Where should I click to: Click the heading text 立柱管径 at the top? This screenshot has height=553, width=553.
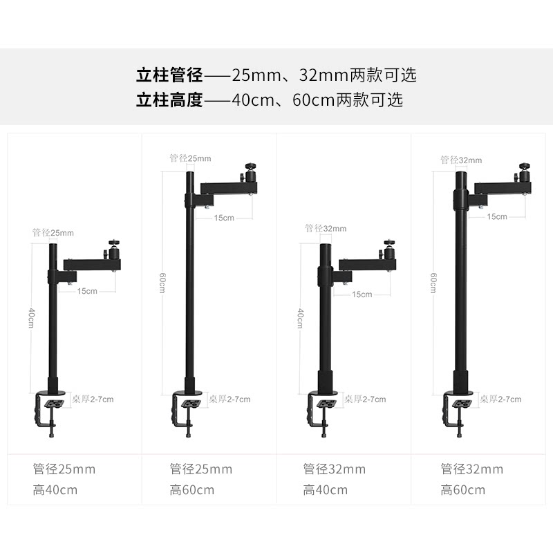tap(169, 75)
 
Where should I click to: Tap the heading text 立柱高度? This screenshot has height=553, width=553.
tap(169, 100)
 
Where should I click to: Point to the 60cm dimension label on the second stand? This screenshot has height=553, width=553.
tap(162, 283)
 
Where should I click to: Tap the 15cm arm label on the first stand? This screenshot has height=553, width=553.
tap(87, 291)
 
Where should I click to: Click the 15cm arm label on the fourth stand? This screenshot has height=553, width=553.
tap(496, 216)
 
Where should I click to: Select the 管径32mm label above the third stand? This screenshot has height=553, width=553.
tap(326, 229)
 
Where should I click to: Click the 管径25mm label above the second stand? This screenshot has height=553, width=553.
tap(190, 158)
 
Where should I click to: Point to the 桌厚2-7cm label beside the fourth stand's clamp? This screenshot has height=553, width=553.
tap(500, 399)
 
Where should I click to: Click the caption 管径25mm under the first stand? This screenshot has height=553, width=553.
tap(64, 469)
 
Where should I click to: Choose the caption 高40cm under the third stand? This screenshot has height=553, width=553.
tap(325, 490)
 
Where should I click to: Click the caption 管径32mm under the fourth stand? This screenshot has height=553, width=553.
tap(471, 469)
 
